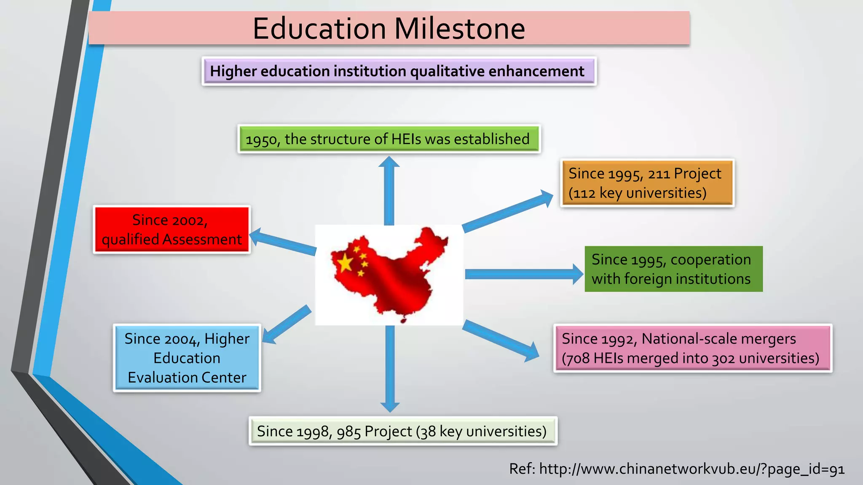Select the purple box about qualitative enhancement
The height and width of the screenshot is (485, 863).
click(399, 71)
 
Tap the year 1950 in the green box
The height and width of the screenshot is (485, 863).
click(261, 140)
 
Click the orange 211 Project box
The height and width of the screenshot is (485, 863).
click(647, 183)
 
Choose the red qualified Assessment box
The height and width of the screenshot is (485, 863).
click(172, 229)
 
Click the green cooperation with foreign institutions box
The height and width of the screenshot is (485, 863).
click(673, 269)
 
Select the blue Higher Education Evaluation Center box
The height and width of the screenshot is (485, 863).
click(187, 358)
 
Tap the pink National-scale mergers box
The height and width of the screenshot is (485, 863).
click(692, 348)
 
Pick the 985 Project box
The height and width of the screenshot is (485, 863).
click(403, 431)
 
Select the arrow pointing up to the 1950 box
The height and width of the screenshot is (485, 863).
click(389, 189)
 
